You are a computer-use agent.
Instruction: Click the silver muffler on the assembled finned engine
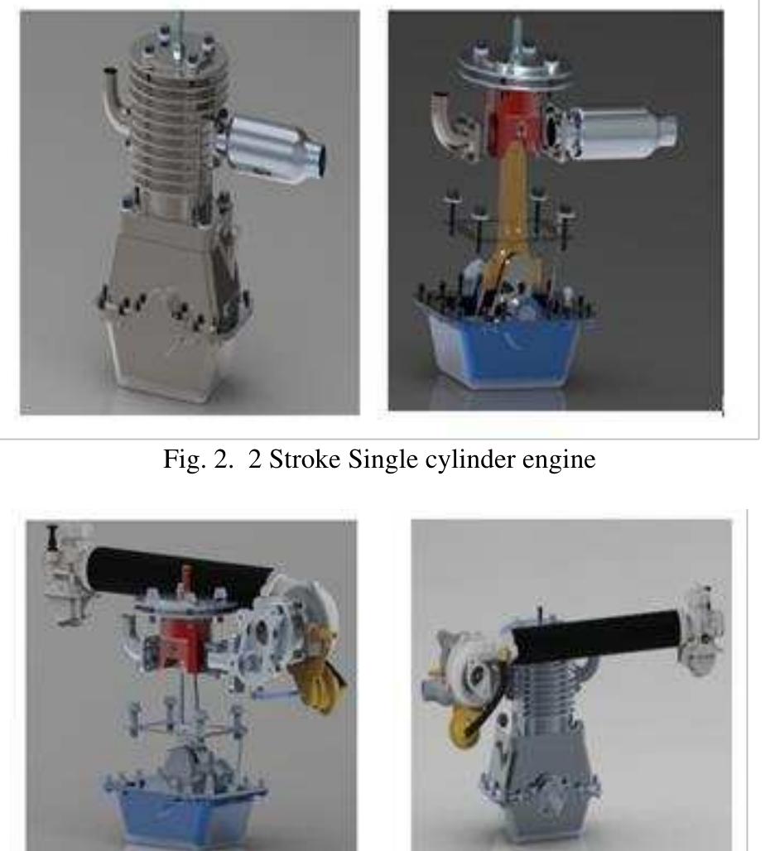point(273,146)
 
